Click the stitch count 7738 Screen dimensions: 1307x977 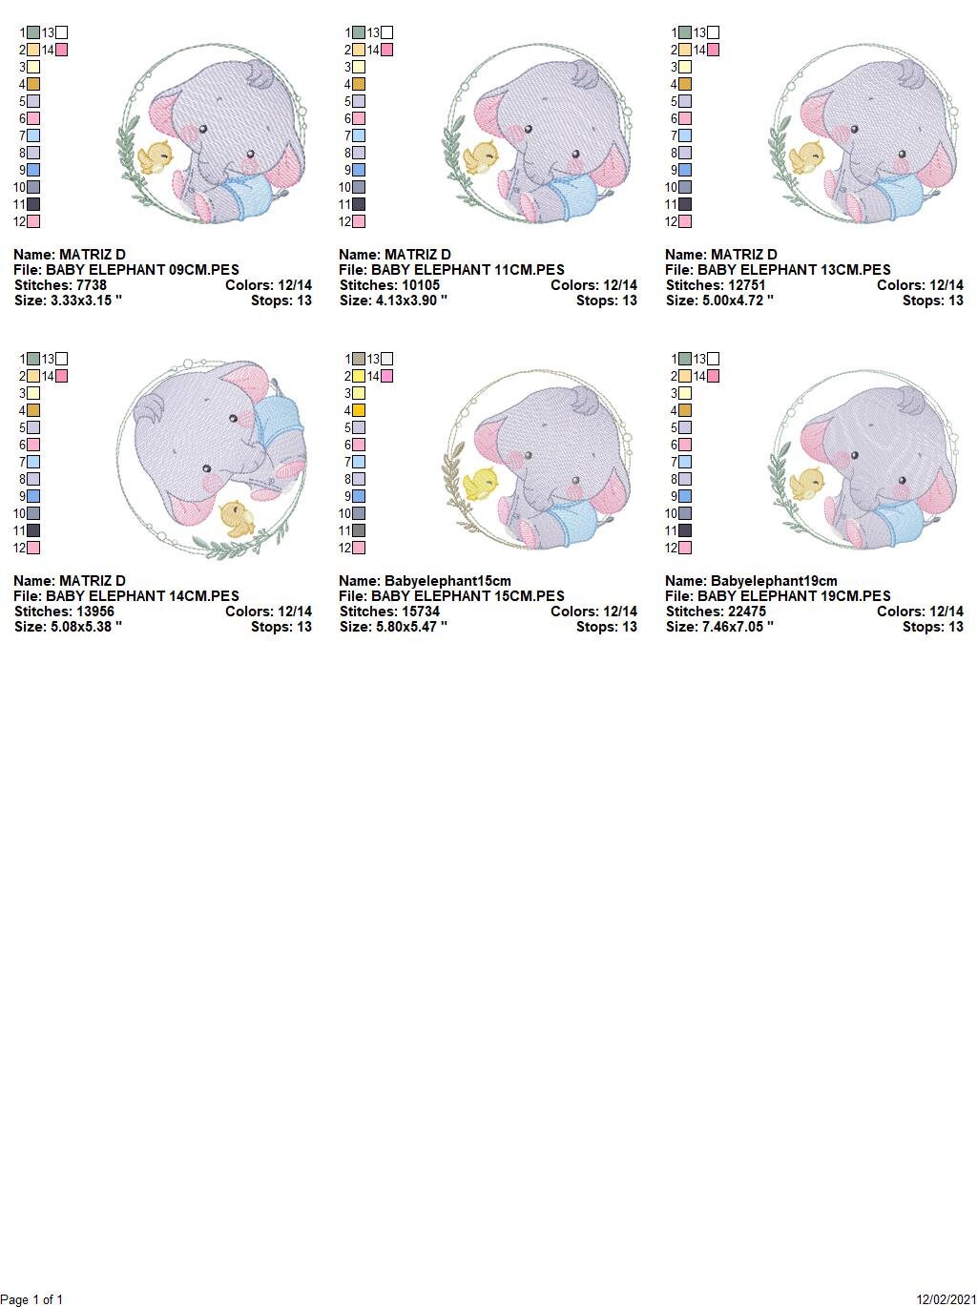(x=91, y=285)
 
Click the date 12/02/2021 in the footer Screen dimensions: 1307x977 (x=946, y=1299)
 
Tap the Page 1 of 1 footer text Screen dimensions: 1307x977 (x=32, y=1299)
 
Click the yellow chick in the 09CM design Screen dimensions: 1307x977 (x=155, y=156)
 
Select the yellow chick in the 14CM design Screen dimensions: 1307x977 (x=236, y=519)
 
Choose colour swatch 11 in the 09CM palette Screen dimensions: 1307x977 (x=33, y=204)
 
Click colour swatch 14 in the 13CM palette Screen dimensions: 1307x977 (x=713, y=50)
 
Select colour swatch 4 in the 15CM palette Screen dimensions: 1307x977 (x=359, y=410)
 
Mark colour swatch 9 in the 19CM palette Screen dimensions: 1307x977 (x=685, y=496)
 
